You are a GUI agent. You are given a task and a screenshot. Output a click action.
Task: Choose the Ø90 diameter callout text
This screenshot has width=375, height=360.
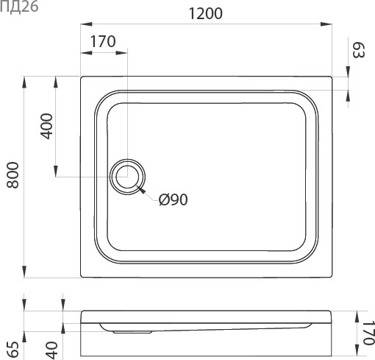[x=174, y=199]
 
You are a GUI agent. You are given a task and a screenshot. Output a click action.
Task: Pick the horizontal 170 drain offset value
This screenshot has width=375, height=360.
[x=102, y=41]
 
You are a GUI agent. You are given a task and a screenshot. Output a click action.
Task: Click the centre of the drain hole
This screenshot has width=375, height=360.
[x=127, y=177]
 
